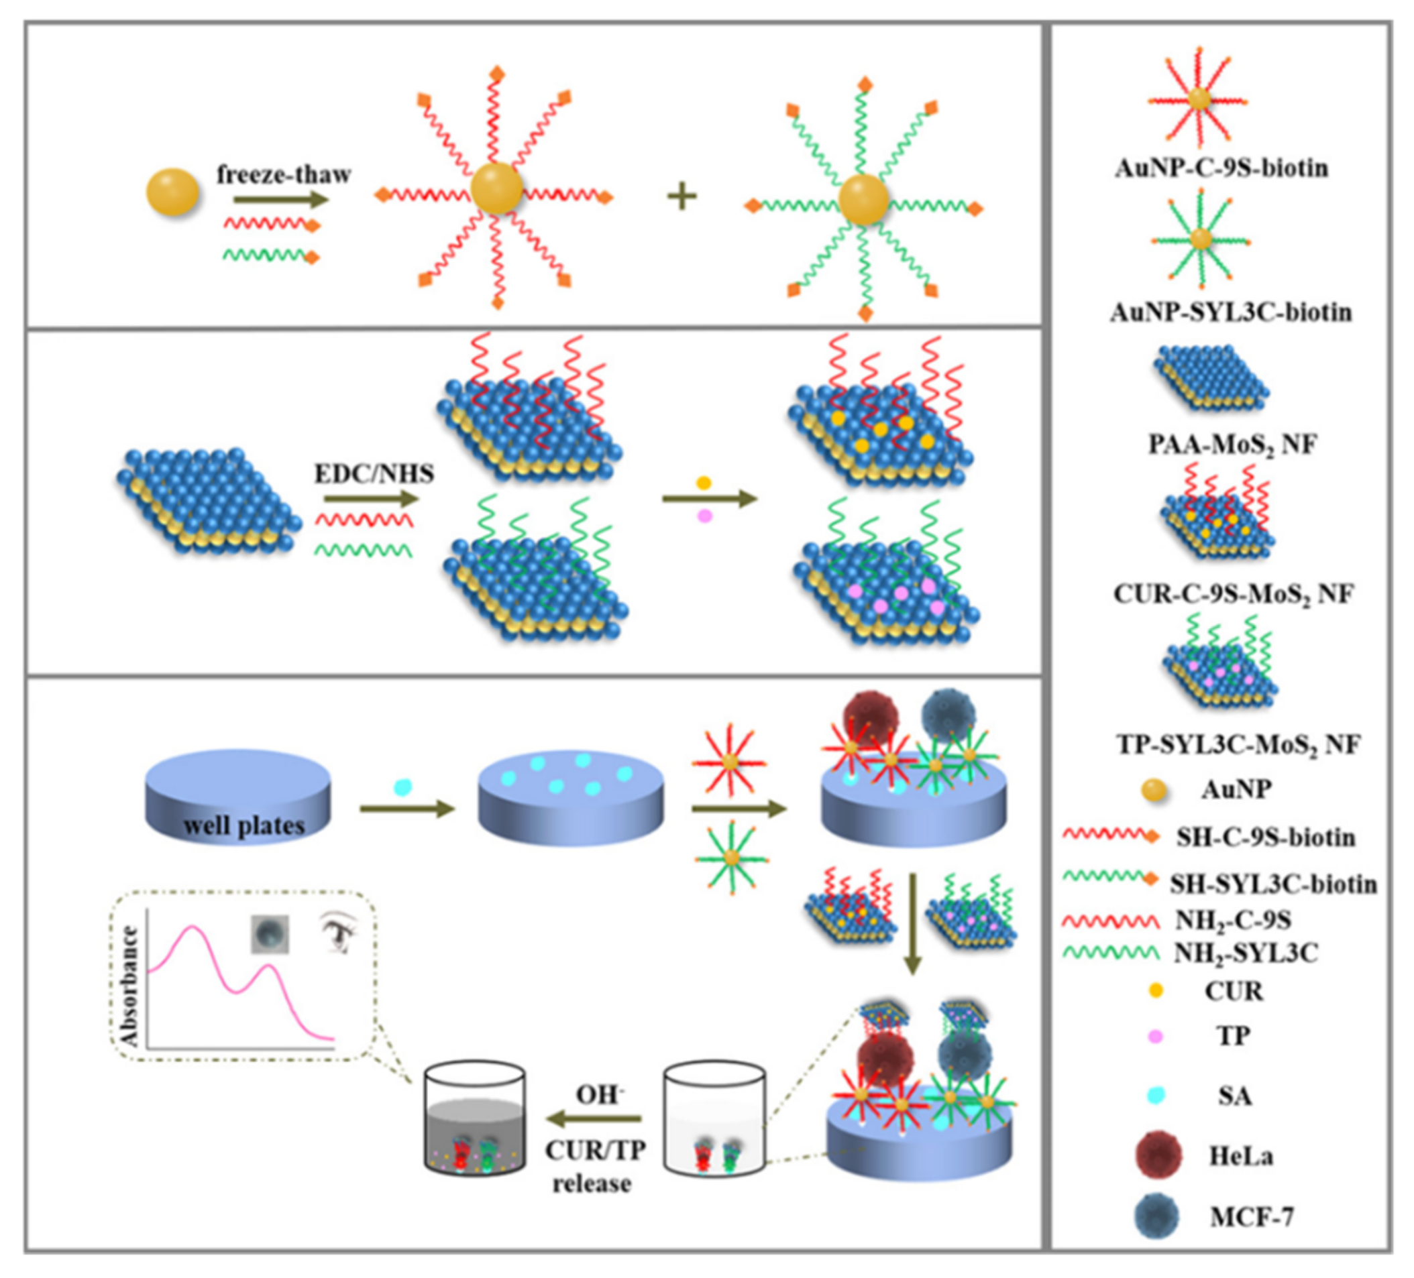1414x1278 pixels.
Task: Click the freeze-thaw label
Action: (x=283, y=174)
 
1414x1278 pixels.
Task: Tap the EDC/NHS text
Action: (x=374, y=474)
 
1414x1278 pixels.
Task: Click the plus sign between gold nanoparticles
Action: (x=681, y=196)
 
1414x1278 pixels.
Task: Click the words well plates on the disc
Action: (x=243, y=825)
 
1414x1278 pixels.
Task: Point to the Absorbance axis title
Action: (x=129, y=986)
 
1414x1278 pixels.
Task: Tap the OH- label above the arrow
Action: (x=600, y=1094)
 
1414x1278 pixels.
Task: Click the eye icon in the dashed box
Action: (x=339, y=932)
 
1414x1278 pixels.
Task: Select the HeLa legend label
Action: (x=1241, y=1156)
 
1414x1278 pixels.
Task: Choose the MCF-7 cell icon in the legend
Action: (x=1156, y=1216)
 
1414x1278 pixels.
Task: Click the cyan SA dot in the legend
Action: (x=1155, y=1096)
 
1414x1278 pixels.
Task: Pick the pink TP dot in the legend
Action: (x=1155, y=1036)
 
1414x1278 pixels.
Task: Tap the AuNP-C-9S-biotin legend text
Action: (x=1221, y=168)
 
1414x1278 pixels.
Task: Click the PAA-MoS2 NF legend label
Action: (x=1232, y=445)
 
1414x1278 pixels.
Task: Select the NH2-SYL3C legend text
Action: (x=1246, y=953)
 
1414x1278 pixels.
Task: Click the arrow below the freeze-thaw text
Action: (x=280, y=200)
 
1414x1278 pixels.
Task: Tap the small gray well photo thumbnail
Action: (x=270, y=934)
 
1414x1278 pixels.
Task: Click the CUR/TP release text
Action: (x=595, y=1167)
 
